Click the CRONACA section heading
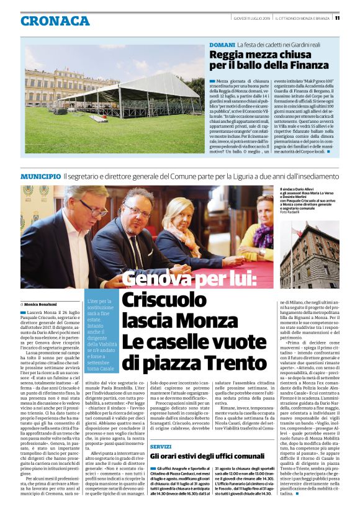click(x=55, y=21)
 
